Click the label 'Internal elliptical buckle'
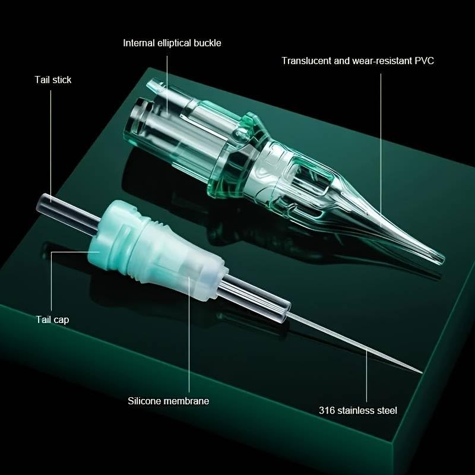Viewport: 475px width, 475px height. click(x=172, y=43)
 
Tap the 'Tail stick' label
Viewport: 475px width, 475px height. click(x=53, y=80)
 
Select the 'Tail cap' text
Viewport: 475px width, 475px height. click(x=53, y=320)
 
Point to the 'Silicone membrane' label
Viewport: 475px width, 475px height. click(x=169, y=401)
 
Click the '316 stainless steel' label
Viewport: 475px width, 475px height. click(x=357, y=410)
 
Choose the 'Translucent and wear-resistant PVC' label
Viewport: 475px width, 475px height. click(x=357, y=61)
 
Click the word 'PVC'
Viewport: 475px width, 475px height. click(x=423, y=61)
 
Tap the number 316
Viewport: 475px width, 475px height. click(x=326, y=410)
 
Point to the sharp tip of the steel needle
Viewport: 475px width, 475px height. click(x=420, y=372)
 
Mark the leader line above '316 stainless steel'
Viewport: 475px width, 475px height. click(x=366, y=374)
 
